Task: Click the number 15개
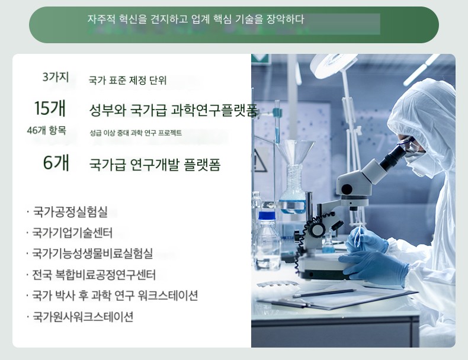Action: click(x=50, y=108)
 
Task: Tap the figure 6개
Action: click(x=56, y=163)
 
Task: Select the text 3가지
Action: click(x=56, y=77)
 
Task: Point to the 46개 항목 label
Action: click(x=46, y=131)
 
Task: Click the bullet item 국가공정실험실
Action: click(x=70, y=211)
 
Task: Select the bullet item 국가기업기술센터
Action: click(x=72, y=233)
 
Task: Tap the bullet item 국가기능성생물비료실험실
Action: click(x=92, y=253)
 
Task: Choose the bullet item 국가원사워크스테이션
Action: click(x=82, y=316)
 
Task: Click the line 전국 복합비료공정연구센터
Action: click(x=94, y=275)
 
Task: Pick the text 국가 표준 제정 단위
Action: click(x=127, y=81)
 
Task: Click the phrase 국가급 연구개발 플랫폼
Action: click(x=155, y=165)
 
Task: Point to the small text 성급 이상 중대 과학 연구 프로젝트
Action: click(x=136, y=133)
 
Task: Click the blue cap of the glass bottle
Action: click(x=266, y=216)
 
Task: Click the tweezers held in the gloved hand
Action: click(x=358, y=236)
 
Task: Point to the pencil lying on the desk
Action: click(x=324, y=293)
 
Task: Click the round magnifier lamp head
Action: click(x=334, y=63)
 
